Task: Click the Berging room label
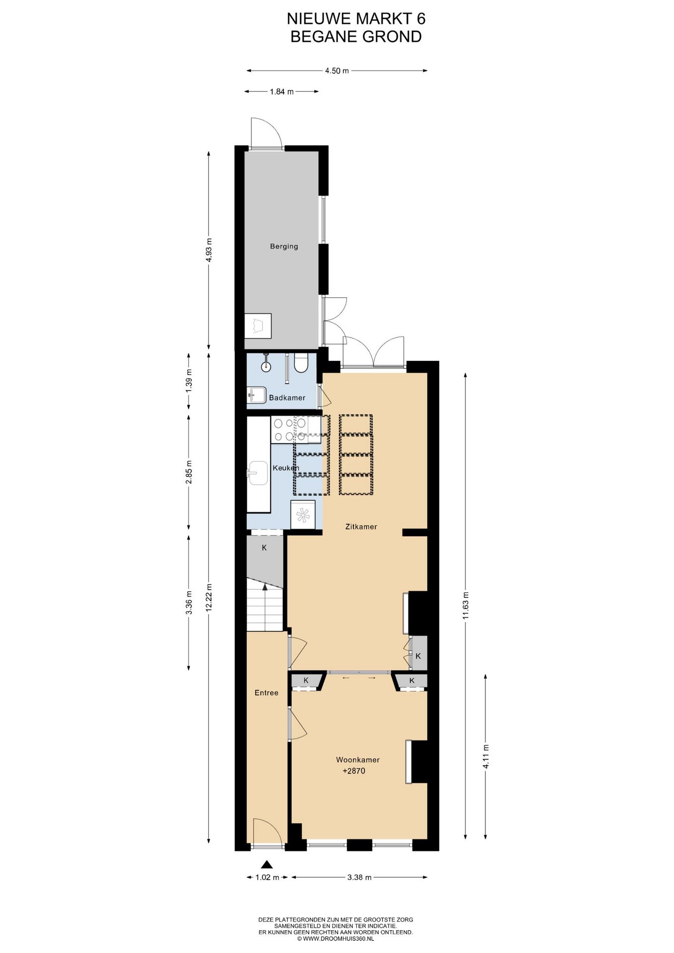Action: pyautogui.click(x=284, y=246)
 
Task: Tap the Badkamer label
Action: pyautogui.click(x=287, y=398)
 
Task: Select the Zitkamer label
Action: pyautogui.click(x=361, y=527)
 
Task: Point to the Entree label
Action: pyautogui.click(x=267, y=693)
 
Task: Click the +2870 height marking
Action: pyautogui.click(x=354, y=771)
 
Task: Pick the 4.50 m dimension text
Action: pyautogui.click(x=337, y=71)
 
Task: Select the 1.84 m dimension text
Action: pyautogui.click(x=282, y=91)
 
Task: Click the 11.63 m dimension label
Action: pyautogui.click(x=466, y=605)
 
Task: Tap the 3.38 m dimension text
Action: pyautogui.click(x=359, y=877)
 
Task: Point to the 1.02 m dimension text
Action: pyautogui.click(x=268, y=877)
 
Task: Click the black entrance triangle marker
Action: pyautogui.click(x=267, y=864)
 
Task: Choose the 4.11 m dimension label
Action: pyautogui.click(x=485, y=756)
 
